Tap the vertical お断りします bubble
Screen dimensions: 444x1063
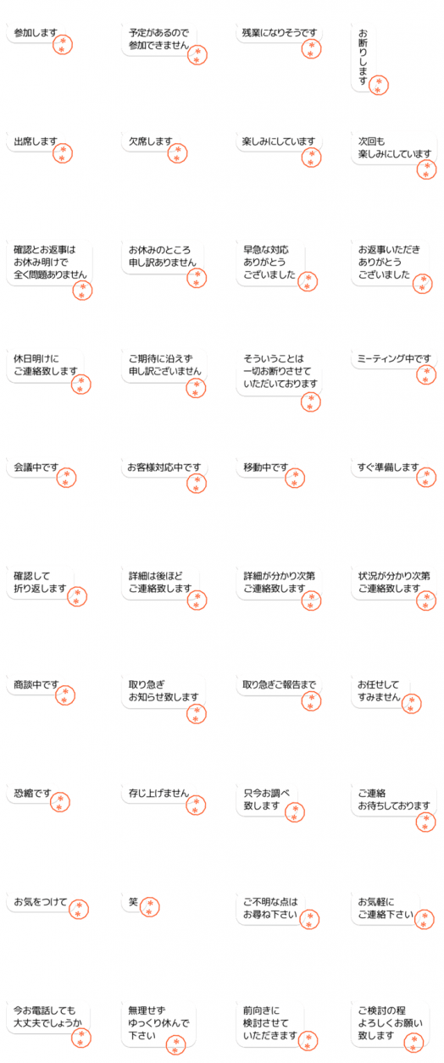[363, 57]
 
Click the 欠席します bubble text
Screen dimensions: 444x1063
[151, 141]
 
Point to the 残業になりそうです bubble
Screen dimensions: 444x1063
[280, 33]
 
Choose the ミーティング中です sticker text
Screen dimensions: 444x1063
[394, 359]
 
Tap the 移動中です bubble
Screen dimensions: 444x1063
[266, 468]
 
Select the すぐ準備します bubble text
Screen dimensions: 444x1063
[388, 468]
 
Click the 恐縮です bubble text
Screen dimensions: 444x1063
[32, 794]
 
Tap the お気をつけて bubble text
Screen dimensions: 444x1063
[41, 902]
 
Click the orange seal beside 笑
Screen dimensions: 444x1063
[150, 907]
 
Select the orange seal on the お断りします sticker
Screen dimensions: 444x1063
[379, 85]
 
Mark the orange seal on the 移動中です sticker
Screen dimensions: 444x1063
[295, 479]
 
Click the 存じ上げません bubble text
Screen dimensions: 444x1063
[158, 794]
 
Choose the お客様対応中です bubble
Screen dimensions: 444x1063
[164, 468]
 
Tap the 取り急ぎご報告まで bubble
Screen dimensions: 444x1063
[280, 684]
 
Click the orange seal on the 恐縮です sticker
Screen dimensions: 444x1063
[60, 802]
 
